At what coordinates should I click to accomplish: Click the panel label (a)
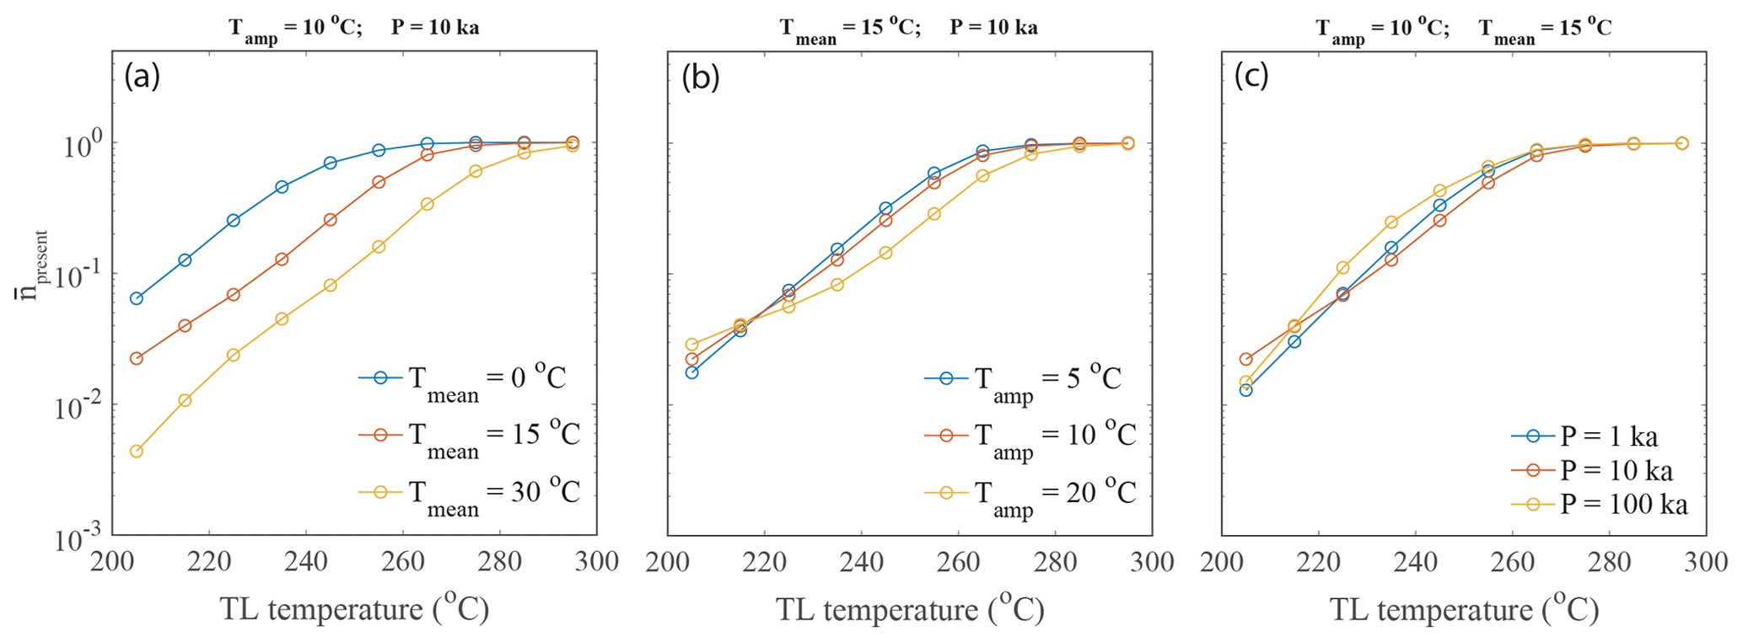point(142,77)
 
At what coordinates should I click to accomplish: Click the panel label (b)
point(700,77)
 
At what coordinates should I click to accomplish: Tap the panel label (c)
point(1251,77)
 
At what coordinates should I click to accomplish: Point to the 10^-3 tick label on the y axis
point(79,539)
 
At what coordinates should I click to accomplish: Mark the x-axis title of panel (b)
point(910,609)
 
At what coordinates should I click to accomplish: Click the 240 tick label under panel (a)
point(305,562)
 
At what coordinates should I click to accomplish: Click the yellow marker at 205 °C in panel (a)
point(137,452)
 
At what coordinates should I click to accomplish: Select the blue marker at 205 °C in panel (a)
point(137,298)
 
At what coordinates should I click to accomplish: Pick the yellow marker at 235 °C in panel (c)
point(1391,222)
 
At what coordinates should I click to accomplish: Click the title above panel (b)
point(908,28)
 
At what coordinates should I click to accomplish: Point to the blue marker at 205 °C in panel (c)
point(1246,389)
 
